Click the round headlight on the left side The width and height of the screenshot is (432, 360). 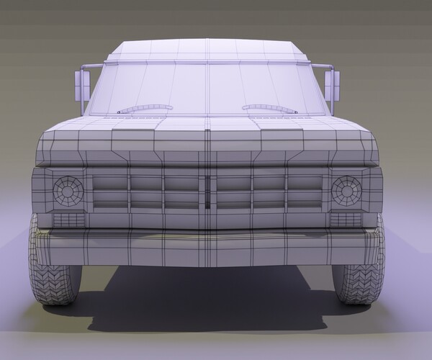(x=68, y=191)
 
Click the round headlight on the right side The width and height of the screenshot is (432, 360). (x=346, y=191)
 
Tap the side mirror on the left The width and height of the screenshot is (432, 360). (x=81, y=86)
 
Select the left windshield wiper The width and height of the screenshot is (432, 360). (x=145, y=109)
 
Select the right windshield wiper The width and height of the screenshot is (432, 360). (x=270, y=109)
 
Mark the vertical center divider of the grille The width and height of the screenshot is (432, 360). (x=207, y=191)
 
